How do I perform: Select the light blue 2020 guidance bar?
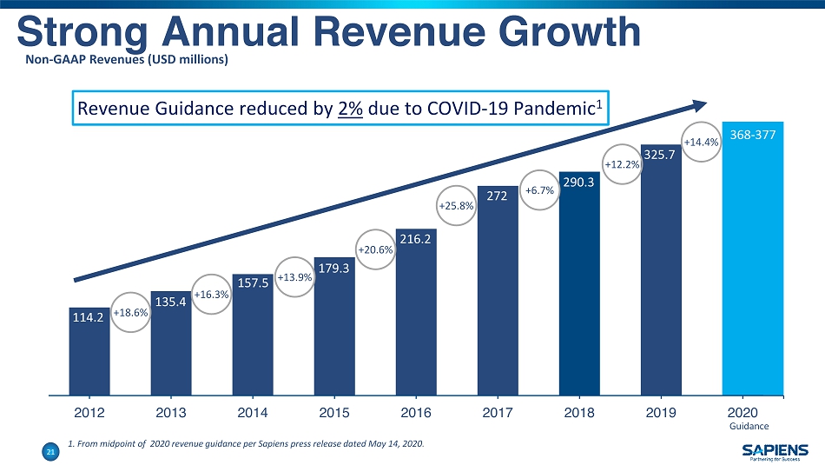pyautogui.click(x=752, y=261)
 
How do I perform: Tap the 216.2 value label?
pyautogui.click(x=416, y=236)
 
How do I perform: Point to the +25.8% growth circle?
pyautogui.click(x=457, y=206)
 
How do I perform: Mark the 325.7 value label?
pyautogui.click(x=661, y=156)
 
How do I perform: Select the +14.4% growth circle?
pyautogui.click(x=702, y=142)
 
